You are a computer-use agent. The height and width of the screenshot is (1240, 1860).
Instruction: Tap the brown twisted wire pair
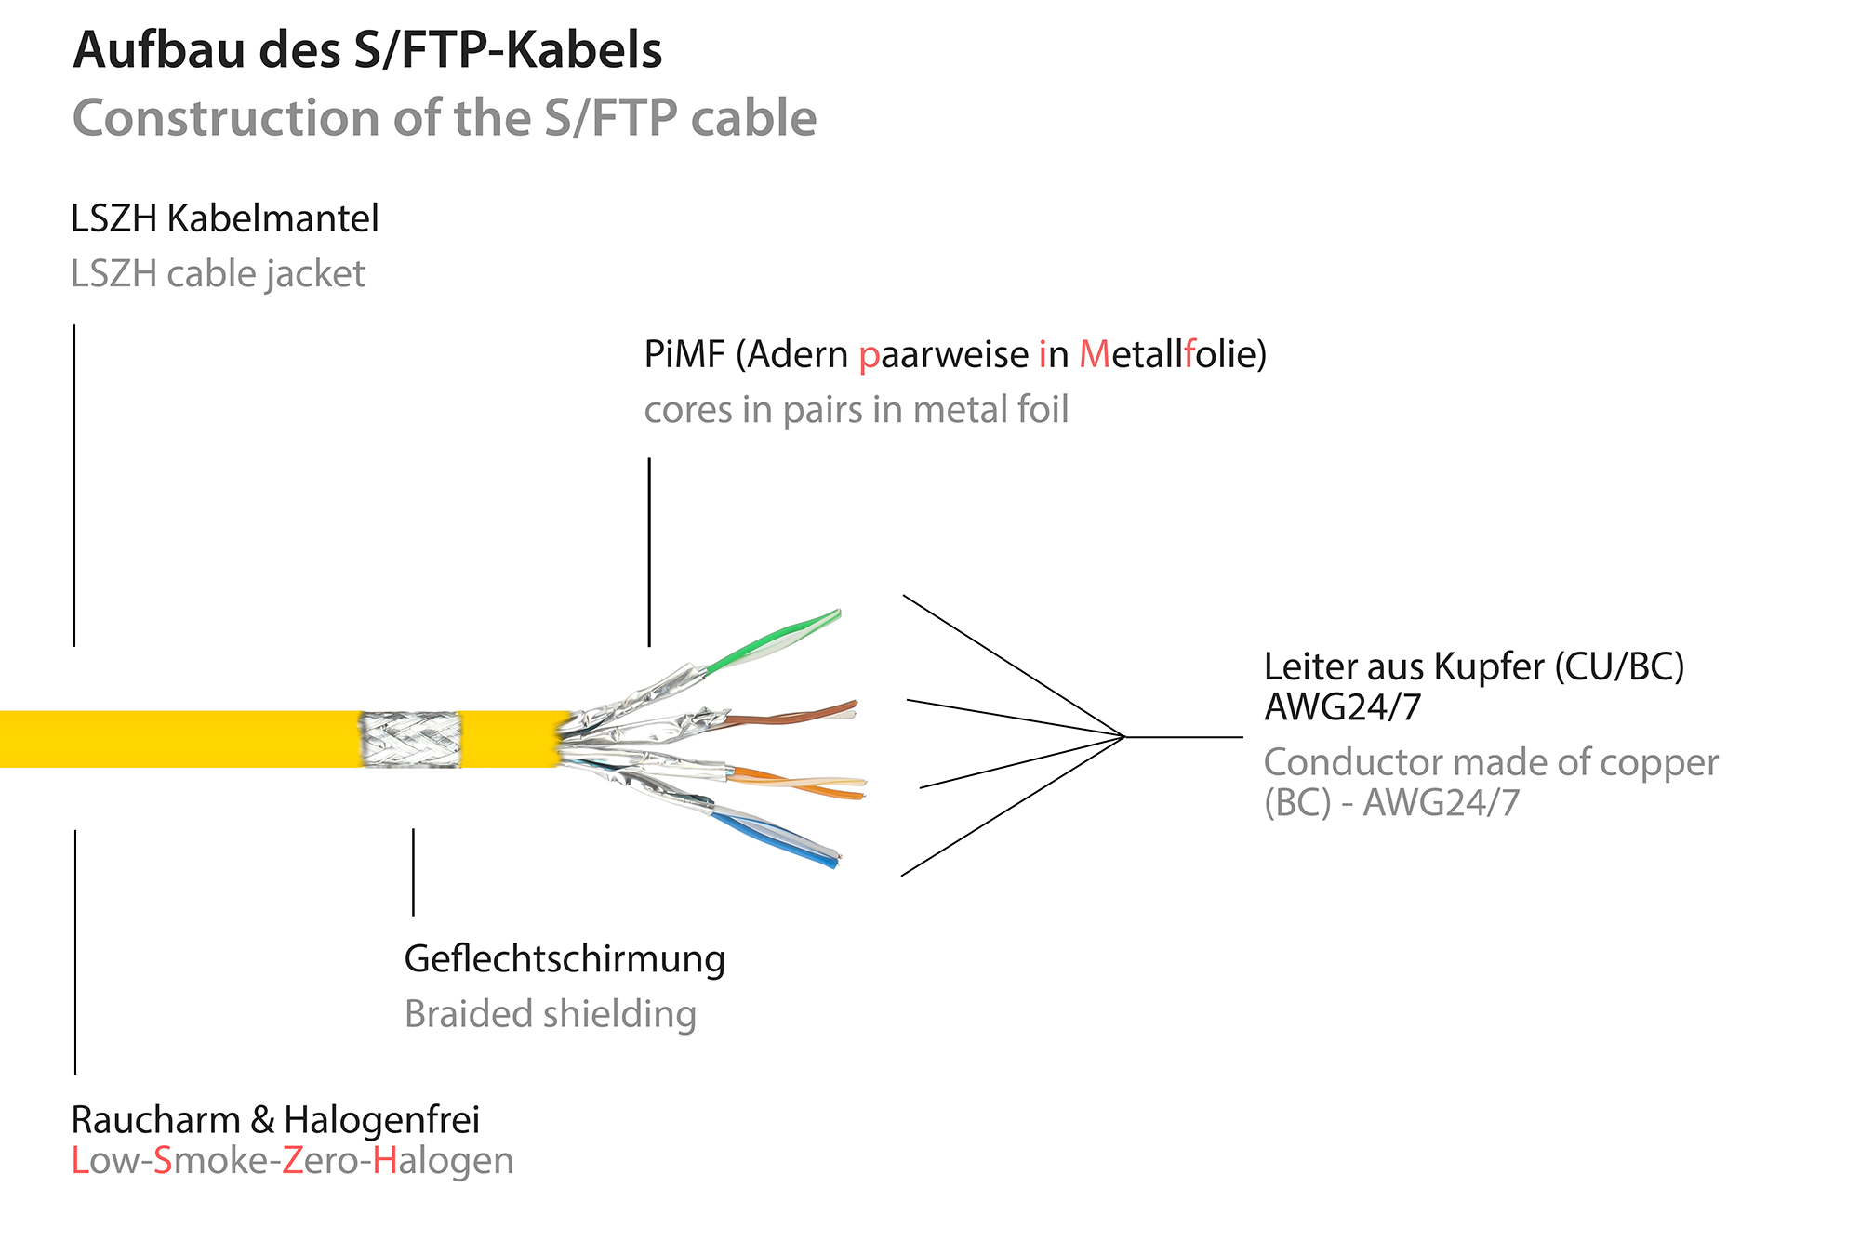click(x=790, y=717)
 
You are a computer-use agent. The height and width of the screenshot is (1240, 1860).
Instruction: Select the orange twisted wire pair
click(x=800, y=782)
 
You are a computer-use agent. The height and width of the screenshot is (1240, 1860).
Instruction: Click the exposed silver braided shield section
click(x=410, y=740)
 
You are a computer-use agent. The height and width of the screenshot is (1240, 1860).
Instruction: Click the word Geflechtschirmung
click(x=565, y=960)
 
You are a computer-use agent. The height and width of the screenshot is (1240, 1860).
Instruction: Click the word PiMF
click(x=684, y=355)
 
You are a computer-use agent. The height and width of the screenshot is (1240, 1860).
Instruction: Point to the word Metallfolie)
click(x=1173, y=355)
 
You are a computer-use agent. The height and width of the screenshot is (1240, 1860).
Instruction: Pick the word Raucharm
click(x=155, y=1120)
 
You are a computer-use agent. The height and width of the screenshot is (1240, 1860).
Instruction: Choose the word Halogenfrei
click(x=381, y=1120)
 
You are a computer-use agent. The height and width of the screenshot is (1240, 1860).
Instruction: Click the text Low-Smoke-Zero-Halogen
click(x=292, y=1161)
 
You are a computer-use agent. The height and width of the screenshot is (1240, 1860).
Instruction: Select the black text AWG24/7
click(x=1342, y=708)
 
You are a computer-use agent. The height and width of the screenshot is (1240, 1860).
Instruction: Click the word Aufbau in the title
click(x=161, y=50)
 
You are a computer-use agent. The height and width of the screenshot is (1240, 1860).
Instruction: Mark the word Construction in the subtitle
click(x=225, y=119)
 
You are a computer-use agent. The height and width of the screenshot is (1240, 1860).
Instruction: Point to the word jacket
click(x=314, y=274)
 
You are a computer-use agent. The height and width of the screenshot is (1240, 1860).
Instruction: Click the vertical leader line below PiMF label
click(x=649, y=551)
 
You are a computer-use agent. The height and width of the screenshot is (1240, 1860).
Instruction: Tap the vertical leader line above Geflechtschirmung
click(x=413, y=872)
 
